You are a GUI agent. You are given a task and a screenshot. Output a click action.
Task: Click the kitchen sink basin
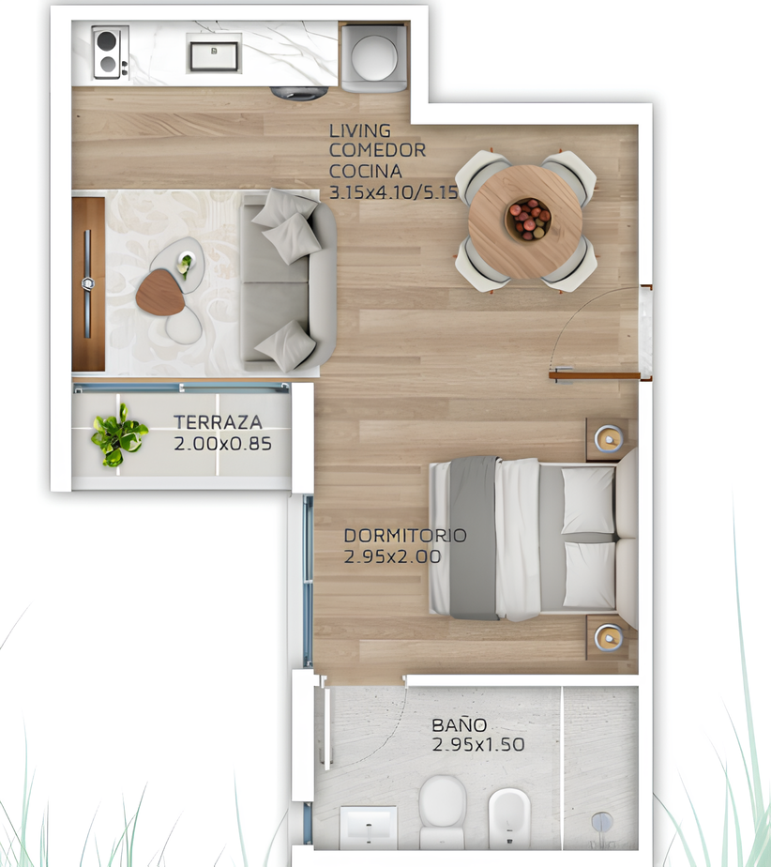pos(214,55)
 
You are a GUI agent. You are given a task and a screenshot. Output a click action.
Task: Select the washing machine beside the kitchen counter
pos(374,57)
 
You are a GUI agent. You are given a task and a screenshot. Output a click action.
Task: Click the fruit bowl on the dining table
pos(528,220)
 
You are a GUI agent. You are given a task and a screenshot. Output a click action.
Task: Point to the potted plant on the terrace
pos(119,435)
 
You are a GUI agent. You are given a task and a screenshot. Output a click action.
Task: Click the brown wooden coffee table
pos(160,293)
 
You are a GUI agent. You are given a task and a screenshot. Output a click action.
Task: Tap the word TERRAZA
pos(219,422)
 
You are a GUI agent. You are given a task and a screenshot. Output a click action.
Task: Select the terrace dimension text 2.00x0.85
pos(222,444)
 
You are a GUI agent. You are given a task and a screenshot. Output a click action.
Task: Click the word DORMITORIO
pos(405,535)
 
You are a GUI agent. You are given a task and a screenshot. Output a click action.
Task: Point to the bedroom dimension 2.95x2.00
pos(392,556)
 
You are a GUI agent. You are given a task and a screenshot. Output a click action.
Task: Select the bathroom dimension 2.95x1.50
pos(478,744)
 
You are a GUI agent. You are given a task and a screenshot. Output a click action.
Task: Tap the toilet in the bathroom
pos(442,812)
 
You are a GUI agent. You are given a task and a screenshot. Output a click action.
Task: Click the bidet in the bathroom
pos(509,818)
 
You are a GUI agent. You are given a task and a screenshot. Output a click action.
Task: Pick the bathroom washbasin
pos(368,828)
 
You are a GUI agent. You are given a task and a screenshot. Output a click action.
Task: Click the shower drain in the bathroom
pos(602,822)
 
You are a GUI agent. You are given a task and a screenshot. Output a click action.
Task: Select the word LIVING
pos(360,130)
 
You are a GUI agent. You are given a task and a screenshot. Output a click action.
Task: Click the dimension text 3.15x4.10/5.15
pos(394,192)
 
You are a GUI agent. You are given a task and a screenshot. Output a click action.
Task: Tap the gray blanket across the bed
pos(474,538)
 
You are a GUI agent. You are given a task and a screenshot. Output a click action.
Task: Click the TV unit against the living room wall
pos(88,284)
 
